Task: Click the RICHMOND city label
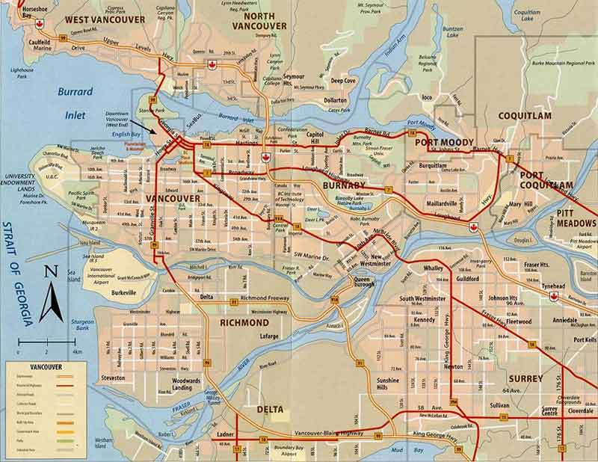pyautogui.click(x=244, y=322)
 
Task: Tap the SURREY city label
pyautogui.click(x=525, y=379)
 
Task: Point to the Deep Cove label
pyautogui.click(x=344, y=81)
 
